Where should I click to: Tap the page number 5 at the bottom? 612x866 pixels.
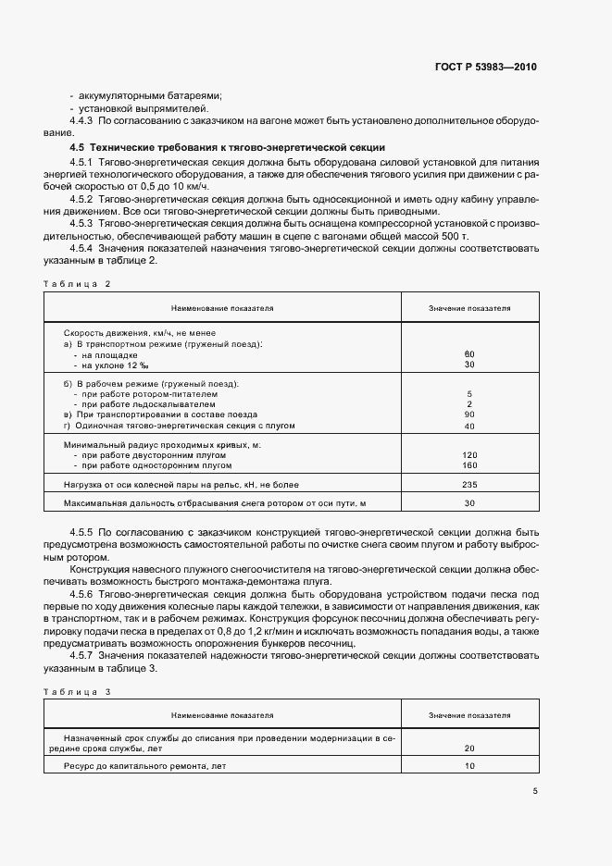click(534, 791)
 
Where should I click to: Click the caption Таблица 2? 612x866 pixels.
click(77, 284)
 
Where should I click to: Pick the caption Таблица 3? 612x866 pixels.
click(77, 691)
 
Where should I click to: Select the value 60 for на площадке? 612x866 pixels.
click(469, 354)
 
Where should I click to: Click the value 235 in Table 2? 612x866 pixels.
click(469, 484)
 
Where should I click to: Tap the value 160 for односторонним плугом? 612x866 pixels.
click(469, 464)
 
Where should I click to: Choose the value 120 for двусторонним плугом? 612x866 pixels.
click(469, 454)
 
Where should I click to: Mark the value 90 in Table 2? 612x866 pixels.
click(469, 414)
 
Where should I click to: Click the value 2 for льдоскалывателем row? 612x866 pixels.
click(469, 404)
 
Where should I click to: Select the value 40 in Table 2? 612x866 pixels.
click(469, 426)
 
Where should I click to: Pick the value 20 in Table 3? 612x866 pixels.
click(469, 748)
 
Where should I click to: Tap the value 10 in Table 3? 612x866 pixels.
click(469, 766)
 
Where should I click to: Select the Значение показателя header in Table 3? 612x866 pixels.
click(469, 715)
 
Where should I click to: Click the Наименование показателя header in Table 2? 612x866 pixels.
click(222, 307)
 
